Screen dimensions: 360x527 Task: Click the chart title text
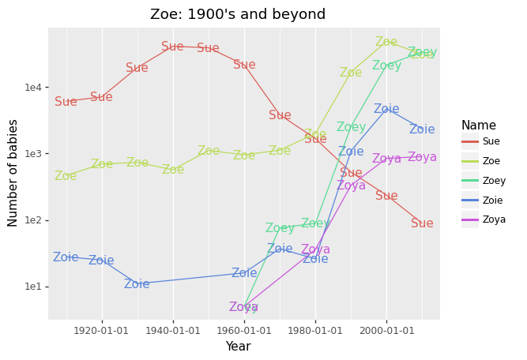pos(238,14)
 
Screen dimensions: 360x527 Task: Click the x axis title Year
pos(238,346)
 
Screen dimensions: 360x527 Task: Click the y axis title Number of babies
pos(13,173)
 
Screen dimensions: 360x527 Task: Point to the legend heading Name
pos(479,125)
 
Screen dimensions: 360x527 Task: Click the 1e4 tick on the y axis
pos(33,87)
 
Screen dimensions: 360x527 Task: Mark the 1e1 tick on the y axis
pos(33,287)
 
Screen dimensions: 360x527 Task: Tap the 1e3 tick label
pos(33,154)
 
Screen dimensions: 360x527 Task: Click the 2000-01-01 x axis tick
pos(386,328)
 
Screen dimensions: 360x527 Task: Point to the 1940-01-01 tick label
pos(173,328)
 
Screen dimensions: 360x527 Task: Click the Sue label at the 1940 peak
pos(172,47)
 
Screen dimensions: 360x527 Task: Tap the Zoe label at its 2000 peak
pos(386,42)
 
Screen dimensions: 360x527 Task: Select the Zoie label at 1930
pos(137,284)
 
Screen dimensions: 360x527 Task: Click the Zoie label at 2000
pos(386,109)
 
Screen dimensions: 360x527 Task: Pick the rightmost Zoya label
pos(422,157)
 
